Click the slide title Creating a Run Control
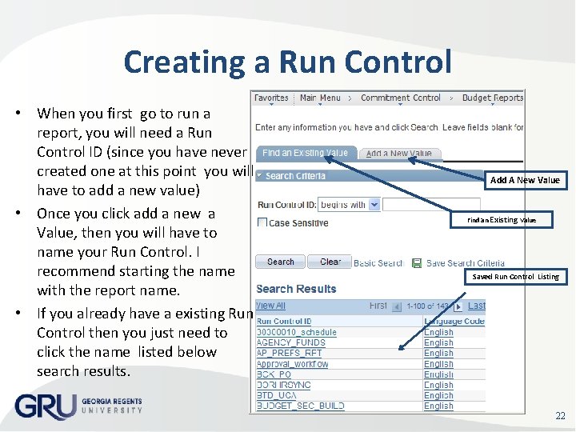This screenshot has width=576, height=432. click(288, 62)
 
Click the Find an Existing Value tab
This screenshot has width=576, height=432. click(305, 153)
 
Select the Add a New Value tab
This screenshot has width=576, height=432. click(398, 154)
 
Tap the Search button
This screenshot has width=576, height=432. click(280, 262)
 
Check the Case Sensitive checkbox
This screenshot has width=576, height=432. click(262, 222)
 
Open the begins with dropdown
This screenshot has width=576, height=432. click(348, 205)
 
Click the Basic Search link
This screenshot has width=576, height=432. click(378, 262)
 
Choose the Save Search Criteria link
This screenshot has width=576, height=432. click(465, 262)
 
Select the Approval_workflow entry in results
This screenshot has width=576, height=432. click(292, 363)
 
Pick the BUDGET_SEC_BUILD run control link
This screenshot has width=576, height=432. click(300, 406)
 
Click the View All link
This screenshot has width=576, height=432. click(270, 306)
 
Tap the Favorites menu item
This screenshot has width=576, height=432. click(271, 98)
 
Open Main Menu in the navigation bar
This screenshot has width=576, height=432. click(320, 98)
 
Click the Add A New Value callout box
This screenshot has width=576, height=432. click(525, 180)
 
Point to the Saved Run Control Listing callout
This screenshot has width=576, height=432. click(515, 277)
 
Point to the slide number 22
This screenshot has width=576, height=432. click(560, 415)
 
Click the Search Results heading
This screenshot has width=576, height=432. click(296, 289)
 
